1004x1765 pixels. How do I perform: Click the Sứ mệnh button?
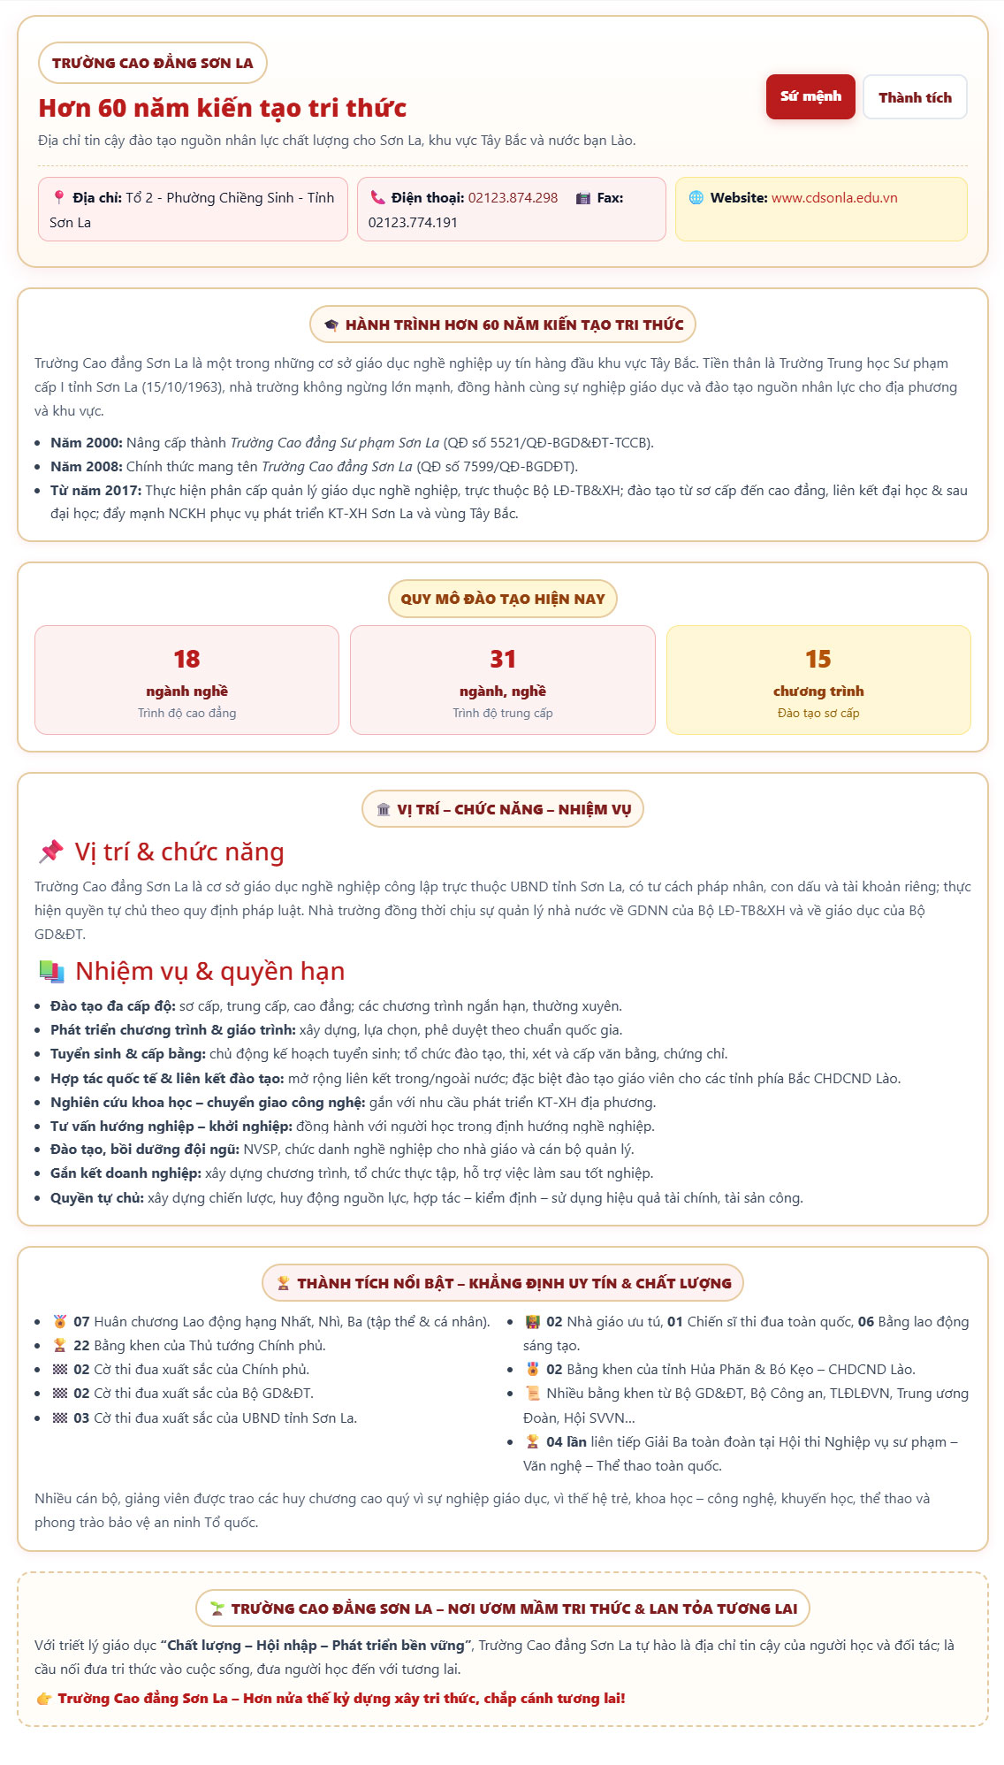tap(810, 96)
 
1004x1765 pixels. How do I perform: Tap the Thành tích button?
tap(915, 97)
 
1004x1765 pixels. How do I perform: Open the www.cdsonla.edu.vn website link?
tap(834, 198)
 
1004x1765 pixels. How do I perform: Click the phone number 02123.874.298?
tap(513, 198)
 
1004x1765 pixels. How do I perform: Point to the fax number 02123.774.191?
tap(413, 223)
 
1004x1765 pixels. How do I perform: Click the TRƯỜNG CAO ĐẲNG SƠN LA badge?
tap(152, 63)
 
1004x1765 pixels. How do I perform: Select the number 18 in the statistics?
tap(186, 660)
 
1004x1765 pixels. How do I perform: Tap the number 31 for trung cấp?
tap(503, 660)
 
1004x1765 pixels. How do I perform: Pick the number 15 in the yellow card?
tap(818, 660)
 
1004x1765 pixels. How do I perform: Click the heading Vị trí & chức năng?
tap(179, 852)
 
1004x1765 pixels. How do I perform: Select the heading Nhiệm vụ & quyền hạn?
tap(209, 971)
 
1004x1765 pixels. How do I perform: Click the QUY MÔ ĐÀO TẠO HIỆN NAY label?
tap(503, 599)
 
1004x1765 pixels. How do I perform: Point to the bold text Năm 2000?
tap(87, 443)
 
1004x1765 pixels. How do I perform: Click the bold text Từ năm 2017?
tap(95, 491)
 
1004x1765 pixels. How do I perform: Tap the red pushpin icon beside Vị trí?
tap(51, 852)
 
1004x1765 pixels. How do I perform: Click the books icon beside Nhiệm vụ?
tap(51, 971)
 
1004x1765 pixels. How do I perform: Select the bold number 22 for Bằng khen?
tap(81, 1346)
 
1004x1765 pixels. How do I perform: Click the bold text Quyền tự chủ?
tap(97, 1198)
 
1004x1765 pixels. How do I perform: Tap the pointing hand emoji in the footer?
tap(44, 1699)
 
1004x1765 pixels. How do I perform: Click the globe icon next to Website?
tap(696, 198)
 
